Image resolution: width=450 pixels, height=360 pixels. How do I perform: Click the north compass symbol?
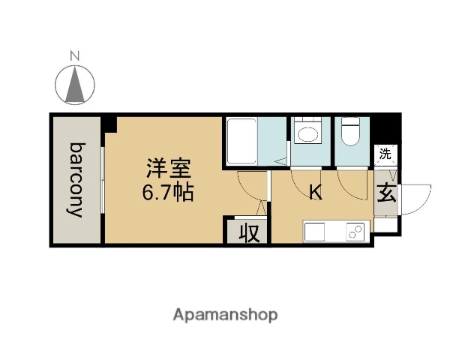click(74, 84)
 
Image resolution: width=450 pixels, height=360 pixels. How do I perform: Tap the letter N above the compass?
click(74, 55)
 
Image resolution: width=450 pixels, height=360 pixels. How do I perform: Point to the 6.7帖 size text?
click(169, 193)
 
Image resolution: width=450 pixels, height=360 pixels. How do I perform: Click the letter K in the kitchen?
click(316, 193)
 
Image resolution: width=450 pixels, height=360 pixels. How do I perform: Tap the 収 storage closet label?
click(248, 232)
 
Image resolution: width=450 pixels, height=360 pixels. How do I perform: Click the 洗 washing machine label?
click(385, 155)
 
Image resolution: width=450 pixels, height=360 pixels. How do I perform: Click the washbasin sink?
click(307, 135)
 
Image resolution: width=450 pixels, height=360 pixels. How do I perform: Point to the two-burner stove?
click(355, 232)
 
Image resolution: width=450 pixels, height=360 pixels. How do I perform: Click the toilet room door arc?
click(350, 182)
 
